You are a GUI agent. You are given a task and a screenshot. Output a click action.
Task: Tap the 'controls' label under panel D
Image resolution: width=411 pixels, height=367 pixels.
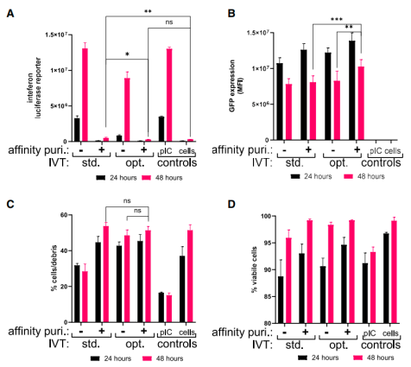point(378,344)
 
